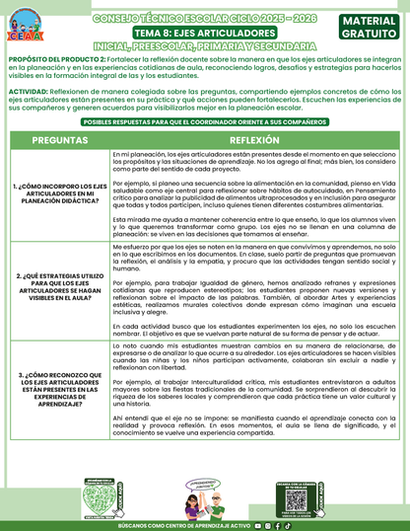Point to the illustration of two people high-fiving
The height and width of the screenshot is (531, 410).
click(x=202, y=491)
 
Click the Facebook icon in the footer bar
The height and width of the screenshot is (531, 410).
click(x=277, y=525)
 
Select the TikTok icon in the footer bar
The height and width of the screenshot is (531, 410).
click(x=288, y=525)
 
